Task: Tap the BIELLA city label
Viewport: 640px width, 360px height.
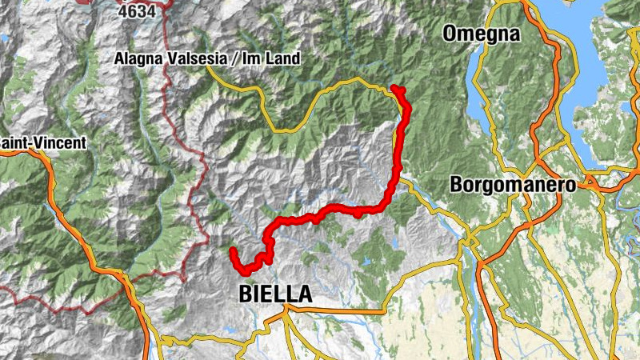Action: point(275,294)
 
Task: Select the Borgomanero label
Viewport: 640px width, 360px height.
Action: point(513,184)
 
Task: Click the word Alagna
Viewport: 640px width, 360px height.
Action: point(138,58)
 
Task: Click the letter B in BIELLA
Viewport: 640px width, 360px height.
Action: point(246,294)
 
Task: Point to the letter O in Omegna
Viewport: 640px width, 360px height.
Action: point(448,34)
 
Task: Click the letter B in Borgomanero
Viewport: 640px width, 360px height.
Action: point(456,184)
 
